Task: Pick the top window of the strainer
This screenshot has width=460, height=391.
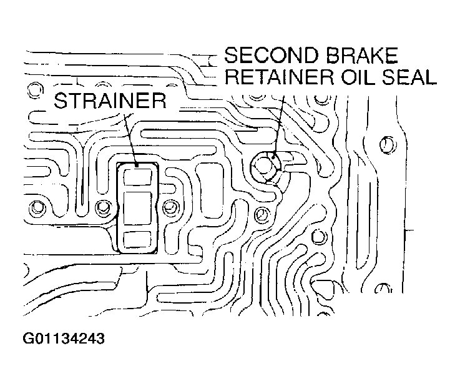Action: [x=137, y=177]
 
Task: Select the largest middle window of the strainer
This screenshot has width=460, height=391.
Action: [x=137, y=207]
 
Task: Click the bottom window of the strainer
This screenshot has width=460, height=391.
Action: [x=137, y=239]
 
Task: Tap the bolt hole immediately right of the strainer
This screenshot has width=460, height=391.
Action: [x=169, y=207]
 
